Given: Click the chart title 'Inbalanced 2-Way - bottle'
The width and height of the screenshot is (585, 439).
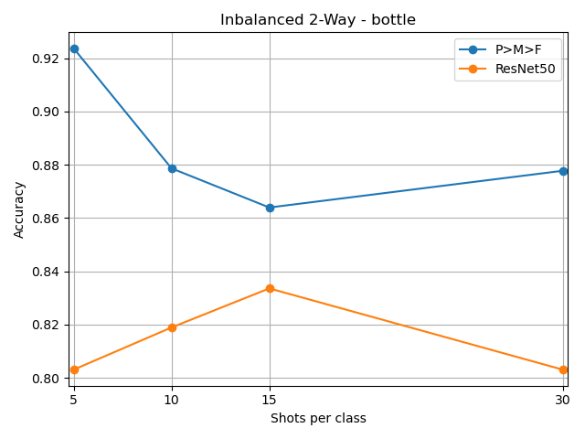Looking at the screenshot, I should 318,20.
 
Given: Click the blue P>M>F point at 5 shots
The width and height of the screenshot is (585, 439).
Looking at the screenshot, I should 74,48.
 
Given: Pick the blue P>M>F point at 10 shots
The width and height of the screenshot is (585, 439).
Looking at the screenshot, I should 172,168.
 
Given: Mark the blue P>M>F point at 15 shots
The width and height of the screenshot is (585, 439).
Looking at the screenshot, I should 270,208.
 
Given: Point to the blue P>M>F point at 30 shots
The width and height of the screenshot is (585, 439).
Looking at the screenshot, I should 563,171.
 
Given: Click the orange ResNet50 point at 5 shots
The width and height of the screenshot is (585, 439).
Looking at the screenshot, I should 74,369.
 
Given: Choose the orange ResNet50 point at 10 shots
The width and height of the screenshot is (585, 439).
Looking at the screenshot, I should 172,327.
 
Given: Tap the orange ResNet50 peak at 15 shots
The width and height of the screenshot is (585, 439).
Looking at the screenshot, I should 270,288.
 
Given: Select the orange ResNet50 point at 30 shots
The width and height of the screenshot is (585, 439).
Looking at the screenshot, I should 563,369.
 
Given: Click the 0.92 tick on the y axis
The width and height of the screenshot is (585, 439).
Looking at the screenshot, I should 46,59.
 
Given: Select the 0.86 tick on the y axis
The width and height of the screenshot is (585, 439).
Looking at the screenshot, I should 46,219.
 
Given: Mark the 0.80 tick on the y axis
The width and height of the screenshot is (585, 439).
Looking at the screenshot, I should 46,379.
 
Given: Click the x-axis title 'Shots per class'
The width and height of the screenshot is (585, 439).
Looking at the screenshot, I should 318,419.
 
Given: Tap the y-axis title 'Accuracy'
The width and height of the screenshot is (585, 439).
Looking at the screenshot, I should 19,209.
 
